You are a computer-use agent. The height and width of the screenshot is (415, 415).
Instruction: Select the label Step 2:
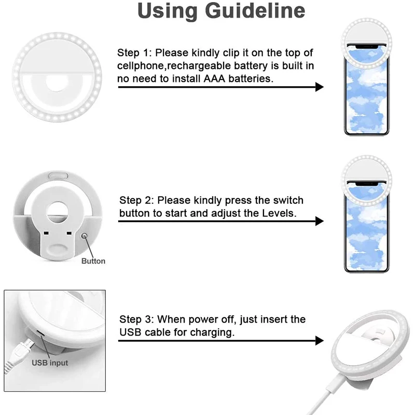[x=136, y=200]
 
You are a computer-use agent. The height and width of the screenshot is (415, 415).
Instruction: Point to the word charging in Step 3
[x=213, y=333]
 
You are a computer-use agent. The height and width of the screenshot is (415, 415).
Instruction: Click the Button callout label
[x=93, y=261]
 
